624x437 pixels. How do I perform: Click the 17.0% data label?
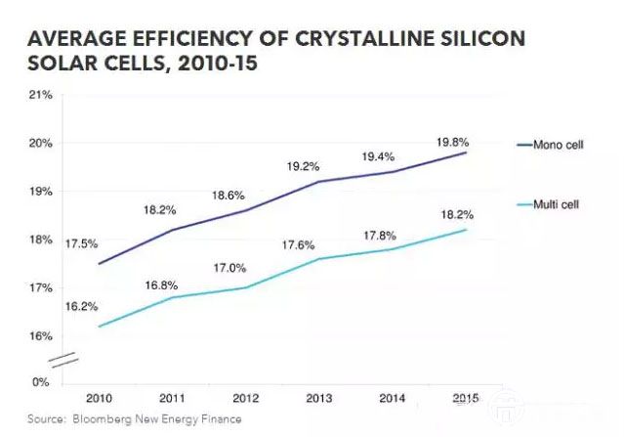230,267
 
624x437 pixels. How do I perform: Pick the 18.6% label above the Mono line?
230,196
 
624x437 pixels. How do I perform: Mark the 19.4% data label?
377,155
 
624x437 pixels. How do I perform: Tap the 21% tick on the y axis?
41,95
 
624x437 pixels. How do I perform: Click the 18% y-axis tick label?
41,240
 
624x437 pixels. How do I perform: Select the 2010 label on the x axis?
100,398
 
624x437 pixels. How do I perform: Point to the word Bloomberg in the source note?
103,419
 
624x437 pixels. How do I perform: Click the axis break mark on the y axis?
64,360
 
